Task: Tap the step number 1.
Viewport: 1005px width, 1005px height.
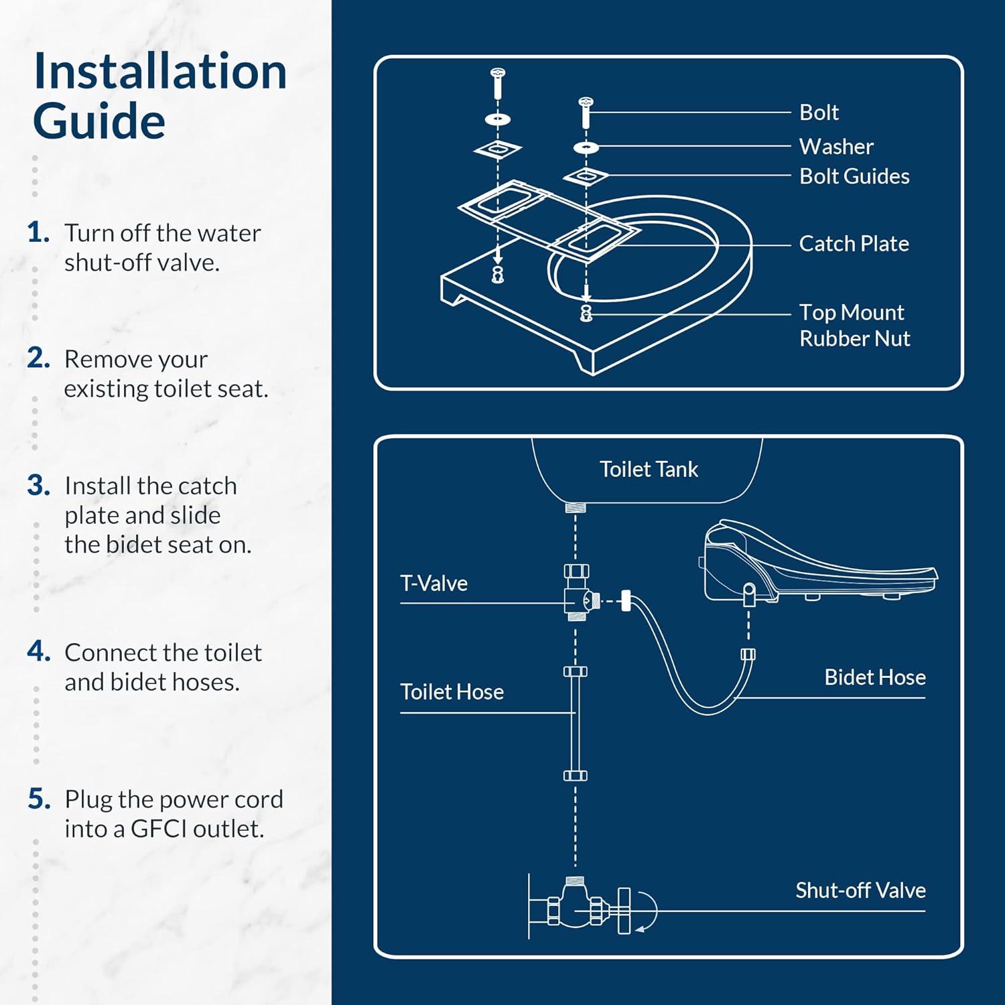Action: pos(38,233)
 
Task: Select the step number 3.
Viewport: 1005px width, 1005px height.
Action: pos(39,486)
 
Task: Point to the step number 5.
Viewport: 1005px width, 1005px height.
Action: pos(39,799)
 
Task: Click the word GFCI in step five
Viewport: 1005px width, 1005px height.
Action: pos(159,829)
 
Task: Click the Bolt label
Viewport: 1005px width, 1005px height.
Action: pos(819,113)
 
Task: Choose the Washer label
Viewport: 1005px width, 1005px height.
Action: pos(836,147)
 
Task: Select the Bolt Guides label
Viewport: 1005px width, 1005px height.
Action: pos(854,176)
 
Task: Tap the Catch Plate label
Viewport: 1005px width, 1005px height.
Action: pos(854,244)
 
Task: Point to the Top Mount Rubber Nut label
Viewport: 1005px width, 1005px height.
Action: pos(854,326)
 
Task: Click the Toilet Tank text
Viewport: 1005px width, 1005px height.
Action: pos(649,470)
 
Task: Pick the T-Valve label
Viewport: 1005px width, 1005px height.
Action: pos(433,584)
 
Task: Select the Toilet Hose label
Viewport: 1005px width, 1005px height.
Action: pos(452,692)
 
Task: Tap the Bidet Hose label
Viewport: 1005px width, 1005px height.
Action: pos(875,677)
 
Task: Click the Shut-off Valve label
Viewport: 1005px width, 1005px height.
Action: pos(860,890)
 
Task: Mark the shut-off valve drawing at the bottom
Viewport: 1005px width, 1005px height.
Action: pos(583,908)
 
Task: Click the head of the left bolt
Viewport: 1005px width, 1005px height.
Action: pos(498,72)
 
